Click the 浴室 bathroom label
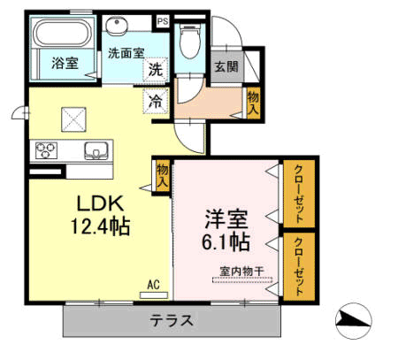(x=64, y=64)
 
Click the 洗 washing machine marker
(x=155, y=70)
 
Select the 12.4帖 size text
(x=100, y=226)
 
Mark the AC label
(x=153, y=284)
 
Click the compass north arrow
(x=355, y=319)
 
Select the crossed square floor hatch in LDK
(x=73, y=117)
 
